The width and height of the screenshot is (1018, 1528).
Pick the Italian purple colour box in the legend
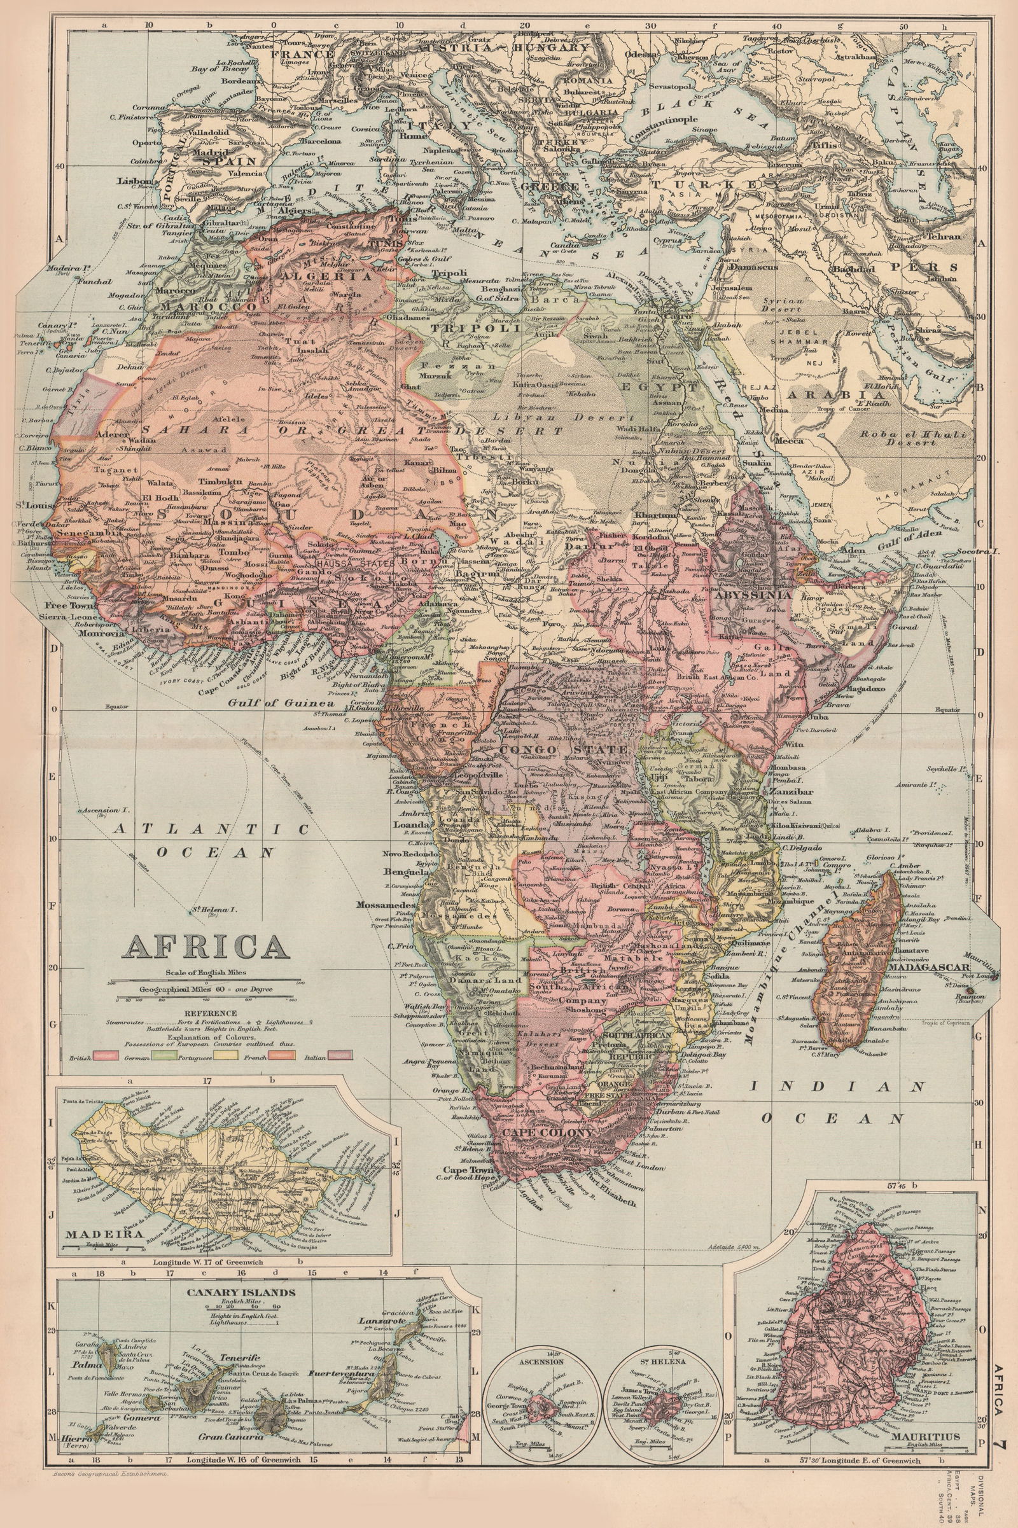340,1055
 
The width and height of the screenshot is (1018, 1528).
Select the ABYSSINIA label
752,594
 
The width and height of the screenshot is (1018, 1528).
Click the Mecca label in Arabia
788,441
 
